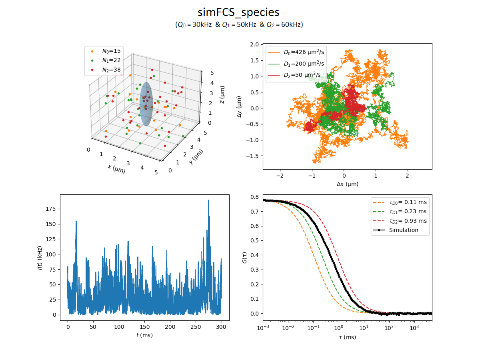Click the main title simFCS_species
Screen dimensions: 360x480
(x=238, y=12)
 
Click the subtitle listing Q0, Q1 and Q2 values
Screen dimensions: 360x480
(x=239, y=25)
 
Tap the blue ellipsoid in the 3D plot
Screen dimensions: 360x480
(x=146, y=104)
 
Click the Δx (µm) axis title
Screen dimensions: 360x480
(x=347, y=184)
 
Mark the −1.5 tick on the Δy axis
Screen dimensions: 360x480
(x=254, y=156)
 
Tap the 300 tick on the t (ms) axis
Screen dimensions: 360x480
(x=221, y=327)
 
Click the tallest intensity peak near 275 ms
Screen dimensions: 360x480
(x=208, y=201)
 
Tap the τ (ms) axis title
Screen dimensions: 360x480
(x=347, y=337)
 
